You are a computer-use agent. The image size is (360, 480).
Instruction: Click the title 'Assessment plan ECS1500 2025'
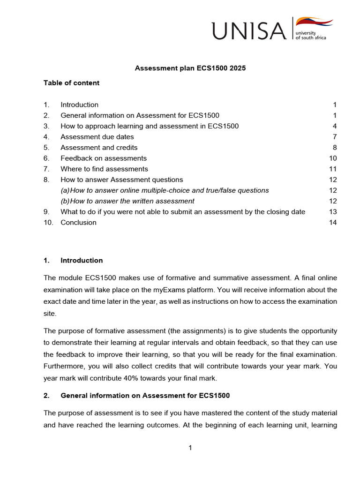click(190, 68)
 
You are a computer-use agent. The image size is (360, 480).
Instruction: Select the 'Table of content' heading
click(71, 83)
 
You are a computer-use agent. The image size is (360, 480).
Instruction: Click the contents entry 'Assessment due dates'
click(97, 137)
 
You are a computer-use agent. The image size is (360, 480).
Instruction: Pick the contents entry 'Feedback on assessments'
click(104, 158)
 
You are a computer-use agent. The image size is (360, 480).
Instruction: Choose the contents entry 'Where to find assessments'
click(104, 169)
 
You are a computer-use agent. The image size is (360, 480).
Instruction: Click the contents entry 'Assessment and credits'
click(99, 148)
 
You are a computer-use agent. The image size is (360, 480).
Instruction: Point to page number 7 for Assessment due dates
click(335, 137)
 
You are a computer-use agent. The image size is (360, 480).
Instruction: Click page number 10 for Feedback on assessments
click(333, 158)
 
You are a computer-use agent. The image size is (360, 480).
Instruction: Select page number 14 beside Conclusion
click(333, 223)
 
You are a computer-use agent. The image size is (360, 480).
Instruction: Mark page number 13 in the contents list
click(333, 212)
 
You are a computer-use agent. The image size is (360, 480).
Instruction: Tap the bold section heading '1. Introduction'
click(73, 261)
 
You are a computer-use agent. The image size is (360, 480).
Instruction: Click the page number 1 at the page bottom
click(190, 448)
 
